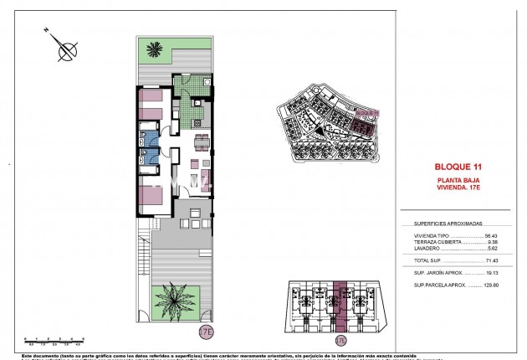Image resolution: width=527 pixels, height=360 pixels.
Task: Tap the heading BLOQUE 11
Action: coord(459,167)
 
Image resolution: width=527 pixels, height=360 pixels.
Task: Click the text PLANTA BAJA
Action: coord(459,180)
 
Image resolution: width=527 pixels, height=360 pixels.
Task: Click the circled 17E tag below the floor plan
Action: coord(206,332)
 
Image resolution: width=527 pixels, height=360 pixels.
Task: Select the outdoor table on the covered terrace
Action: coord(192,224)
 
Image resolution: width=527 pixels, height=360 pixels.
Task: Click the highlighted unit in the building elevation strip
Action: coord(341,306)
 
